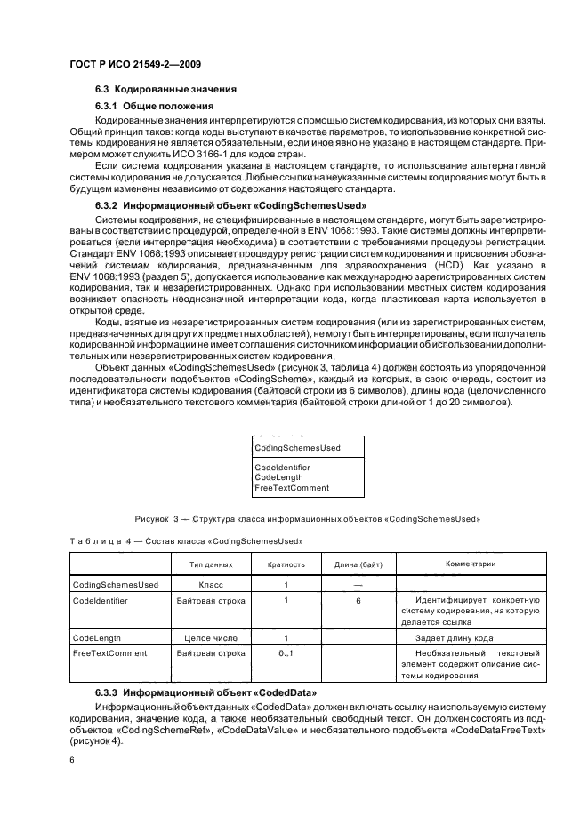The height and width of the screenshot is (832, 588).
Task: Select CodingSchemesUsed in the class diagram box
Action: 297,447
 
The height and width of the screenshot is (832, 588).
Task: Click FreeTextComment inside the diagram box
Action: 292,488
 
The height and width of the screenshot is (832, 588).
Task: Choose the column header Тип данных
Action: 211,564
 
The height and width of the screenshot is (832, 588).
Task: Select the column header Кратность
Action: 286,564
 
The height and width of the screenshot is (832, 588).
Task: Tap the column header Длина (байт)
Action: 358,564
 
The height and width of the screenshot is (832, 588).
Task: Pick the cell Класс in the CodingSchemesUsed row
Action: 211,585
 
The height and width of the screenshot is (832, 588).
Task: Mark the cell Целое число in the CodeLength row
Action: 211,638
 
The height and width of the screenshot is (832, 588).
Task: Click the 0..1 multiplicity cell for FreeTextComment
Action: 286,654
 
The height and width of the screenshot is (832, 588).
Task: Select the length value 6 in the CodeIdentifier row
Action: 358,601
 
